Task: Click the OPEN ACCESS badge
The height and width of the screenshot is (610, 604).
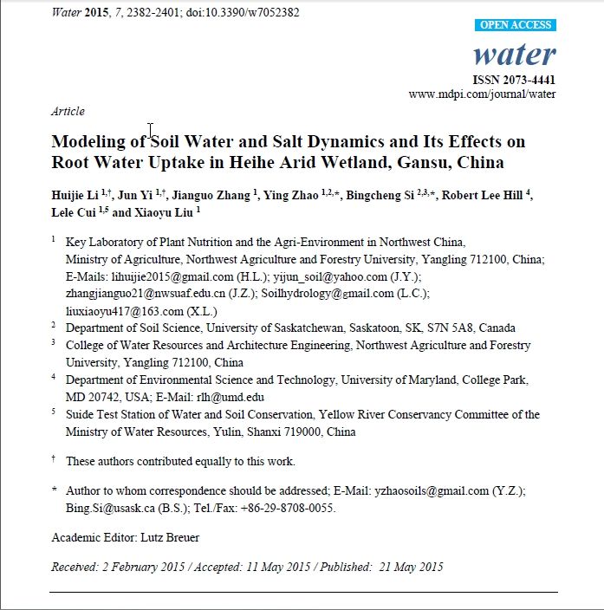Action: pyautogui.click(x=517, y=25)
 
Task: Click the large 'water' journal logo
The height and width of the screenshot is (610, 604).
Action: pyautogui.click(x=514, y=55)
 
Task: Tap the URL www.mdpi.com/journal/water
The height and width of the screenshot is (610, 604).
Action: pyautogui.click(x=482, y=94)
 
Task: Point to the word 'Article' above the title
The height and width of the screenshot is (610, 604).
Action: pyautogui.click(x=68, y=111)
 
